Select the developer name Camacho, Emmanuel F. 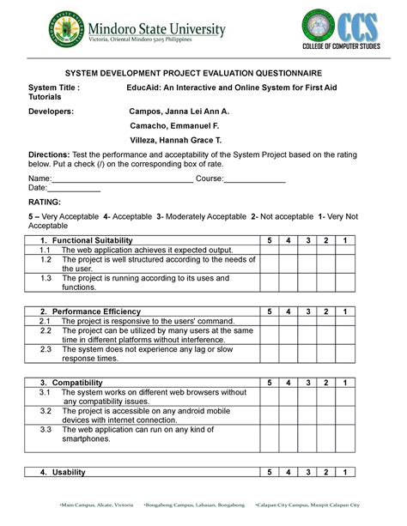(174, 124)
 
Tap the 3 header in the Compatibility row (307, 382)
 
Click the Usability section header (68, 473)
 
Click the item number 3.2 (46, 410)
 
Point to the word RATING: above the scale (46, 200)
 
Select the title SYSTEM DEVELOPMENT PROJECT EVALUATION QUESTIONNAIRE (203, 74)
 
